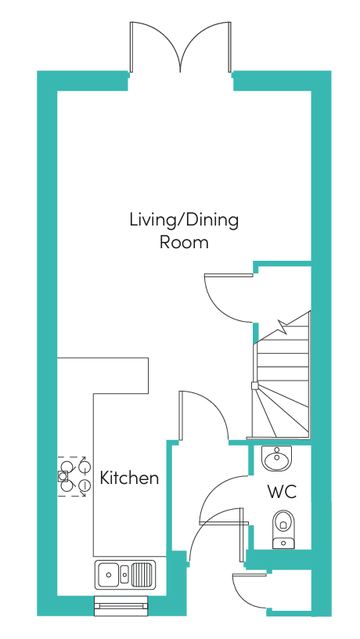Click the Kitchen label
pyautogui.click(x=129, y=478)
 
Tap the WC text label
pyautogui.click(x=282, y=492)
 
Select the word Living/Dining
pyautogui.click(x=184, y=221)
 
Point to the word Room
pyautogui.click(x=184, y=242)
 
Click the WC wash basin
pyautogui.click(x=277, y=458)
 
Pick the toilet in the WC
pyautogui.click(x=283, y=529)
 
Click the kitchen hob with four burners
pyautogui.click(x=72, y=476)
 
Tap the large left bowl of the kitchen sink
pyautogui.click(x=108, y=575)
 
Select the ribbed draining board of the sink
pyautogui.click(x=142, y=575)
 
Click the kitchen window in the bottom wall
pyautogui.click(x=121, y=605)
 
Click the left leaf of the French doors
pyautogui.click(x=156, y=47)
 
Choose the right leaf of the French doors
pyautogui.click(x=206, y=47)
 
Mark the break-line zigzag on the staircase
pyautogui.click(x=283, y=326)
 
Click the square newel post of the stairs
pyautogui.click(x=254, y=385)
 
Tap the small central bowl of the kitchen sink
pyautogui.click(x=124, y=575)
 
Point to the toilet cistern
pyautogui.click(x=283, y=543)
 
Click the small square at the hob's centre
pyautogui.click(x=63, y=475)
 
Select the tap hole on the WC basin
pyautogui.click(x=277, y=450)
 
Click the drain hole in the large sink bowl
pyautogui.click(x=109, y=575)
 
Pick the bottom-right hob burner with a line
pyautogui.click(x=84, y=486)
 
